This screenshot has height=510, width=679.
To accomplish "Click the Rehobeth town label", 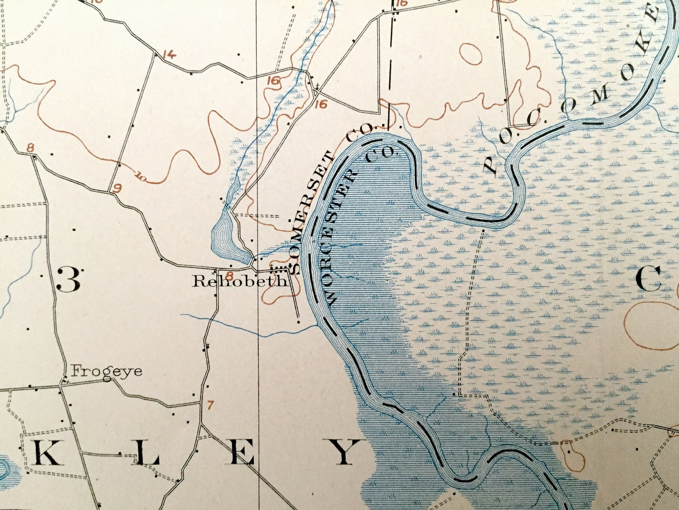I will pos(240,281).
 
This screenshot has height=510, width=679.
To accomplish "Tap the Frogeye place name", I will pos(106,371).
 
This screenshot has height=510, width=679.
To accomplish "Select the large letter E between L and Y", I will pos(242,453).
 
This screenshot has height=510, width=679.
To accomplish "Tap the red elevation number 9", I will pos(117,189).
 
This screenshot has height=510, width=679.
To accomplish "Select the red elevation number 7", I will pos(210,404).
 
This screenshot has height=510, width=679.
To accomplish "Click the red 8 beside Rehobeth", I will pos(229,275).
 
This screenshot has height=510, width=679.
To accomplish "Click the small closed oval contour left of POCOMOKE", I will pos(470,54).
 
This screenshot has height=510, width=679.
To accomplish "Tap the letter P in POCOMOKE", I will pos(490,164).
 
